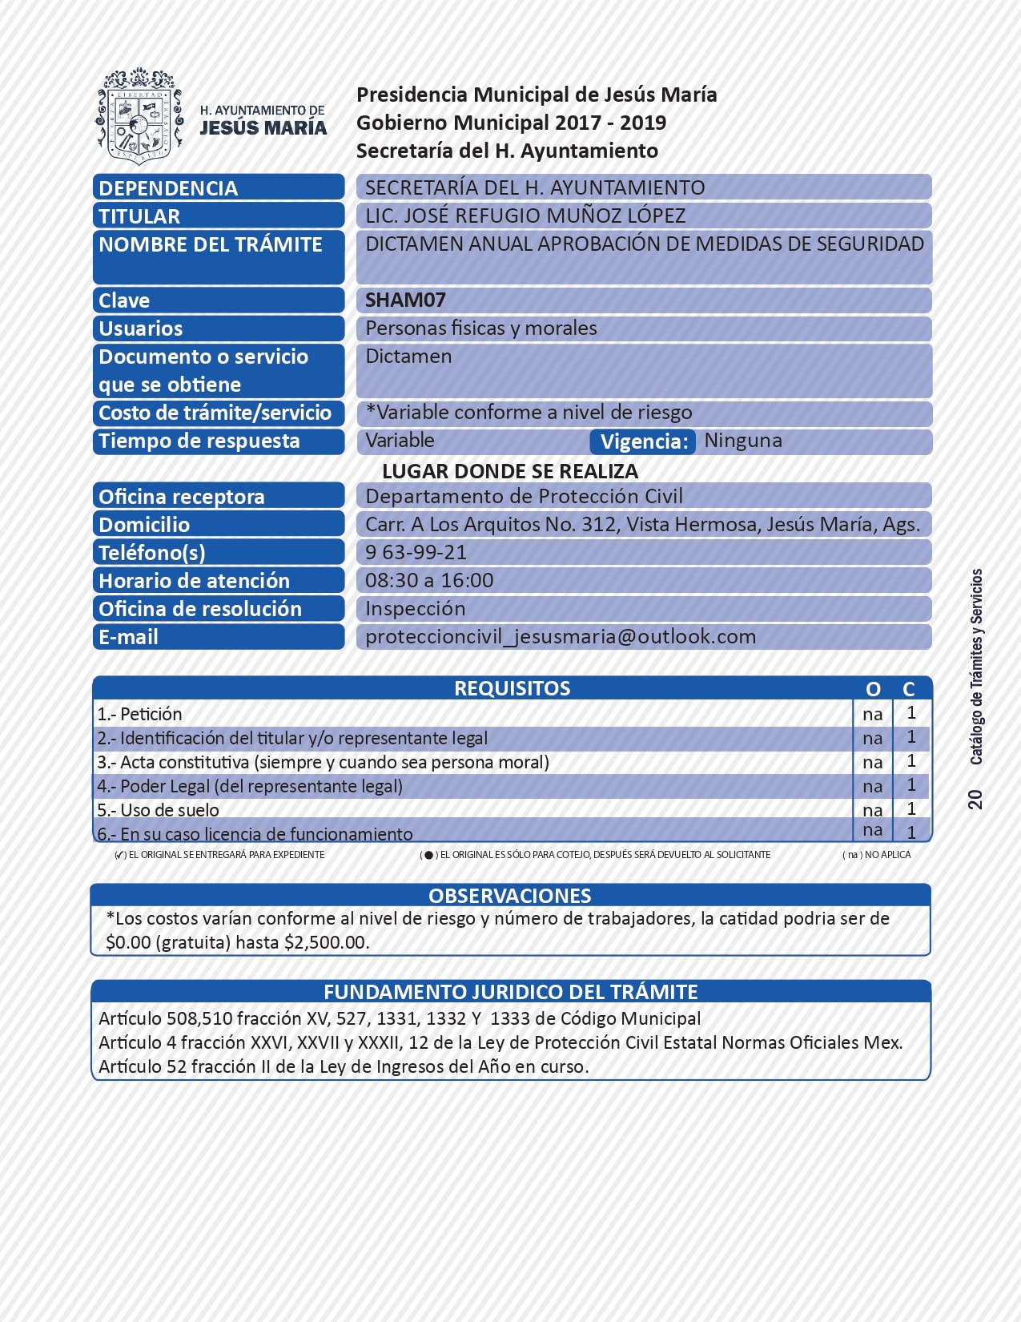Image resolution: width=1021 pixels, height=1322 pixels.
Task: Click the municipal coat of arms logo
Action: tap(137, 115)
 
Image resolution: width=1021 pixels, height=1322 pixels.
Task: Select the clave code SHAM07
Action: tap(405, 300)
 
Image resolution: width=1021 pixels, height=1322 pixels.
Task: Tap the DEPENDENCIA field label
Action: tap(168, 188)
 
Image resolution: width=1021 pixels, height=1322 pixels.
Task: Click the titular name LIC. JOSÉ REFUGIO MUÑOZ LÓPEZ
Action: tap(525, 216)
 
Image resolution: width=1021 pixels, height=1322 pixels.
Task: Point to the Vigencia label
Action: tap(643, 441)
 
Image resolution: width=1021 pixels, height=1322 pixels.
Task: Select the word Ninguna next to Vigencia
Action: tap(743, 441)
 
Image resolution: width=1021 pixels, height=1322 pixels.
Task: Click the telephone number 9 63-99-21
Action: tap(416, 553)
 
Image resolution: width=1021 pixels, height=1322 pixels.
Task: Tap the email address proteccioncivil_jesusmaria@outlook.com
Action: tap(561, 637)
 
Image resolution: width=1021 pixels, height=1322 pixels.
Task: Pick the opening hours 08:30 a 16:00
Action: tap(429, 581)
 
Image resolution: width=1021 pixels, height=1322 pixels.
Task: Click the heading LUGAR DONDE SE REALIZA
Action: tap(510, 471)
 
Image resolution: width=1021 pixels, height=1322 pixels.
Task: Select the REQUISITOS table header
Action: tap(512, 688)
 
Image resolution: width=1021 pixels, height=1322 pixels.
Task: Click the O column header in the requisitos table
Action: tap(873, 689)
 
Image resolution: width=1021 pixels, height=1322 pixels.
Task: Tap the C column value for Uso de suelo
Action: tap(911, 809)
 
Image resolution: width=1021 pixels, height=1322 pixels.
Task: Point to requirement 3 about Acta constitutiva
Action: tap(323, 762)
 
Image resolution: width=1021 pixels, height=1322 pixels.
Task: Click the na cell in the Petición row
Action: tap(873, 714)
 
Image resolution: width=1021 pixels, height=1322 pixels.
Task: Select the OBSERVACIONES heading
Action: tap(510, 896)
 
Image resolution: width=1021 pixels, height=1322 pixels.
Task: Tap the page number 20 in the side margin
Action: tap(975, 799)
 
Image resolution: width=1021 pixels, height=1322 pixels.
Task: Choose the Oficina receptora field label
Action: tap(182, 497)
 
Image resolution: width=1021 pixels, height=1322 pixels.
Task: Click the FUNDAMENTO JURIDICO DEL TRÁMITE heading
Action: tap(510, 992)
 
